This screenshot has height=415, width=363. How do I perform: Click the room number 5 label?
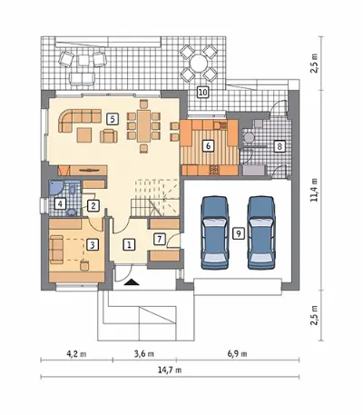(x=113, y=119)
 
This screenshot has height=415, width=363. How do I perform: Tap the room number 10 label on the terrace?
(x=202, y=92)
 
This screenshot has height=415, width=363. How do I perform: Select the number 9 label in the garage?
(x=239, y=233)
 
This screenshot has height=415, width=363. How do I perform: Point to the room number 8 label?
(x=280, y=146)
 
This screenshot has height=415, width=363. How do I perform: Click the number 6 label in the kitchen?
(x=208, y=146)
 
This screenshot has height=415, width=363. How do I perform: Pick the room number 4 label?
(x=60, y=203)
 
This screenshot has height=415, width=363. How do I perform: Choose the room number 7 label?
(x=160, y=239)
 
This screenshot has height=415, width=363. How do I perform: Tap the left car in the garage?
(x=215, y=232)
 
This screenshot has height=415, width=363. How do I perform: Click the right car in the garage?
(x=261, y=232)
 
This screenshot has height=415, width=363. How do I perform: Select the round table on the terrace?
(x=198, y=63)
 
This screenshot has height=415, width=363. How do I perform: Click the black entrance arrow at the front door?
(x=132, y=282)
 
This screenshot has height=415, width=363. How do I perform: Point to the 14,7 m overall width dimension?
(x=170, y=370)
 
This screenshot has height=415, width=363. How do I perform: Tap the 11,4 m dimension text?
(x=315, y=190)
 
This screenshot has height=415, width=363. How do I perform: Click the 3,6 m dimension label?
(x=144, y=353)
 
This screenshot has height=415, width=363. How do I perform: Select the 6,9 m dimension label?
(x=237, y=353)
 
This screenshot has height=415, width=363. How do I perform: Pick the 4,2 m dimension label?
(x=76, y=353)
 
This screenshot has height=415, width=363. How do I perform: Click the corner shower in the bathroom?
(x=55, y=188)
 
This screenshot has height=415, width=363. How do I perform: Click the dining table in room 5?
(x=143, y=125)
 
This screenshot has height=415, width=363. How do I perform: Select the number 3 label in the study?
(x=93, y=244)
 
